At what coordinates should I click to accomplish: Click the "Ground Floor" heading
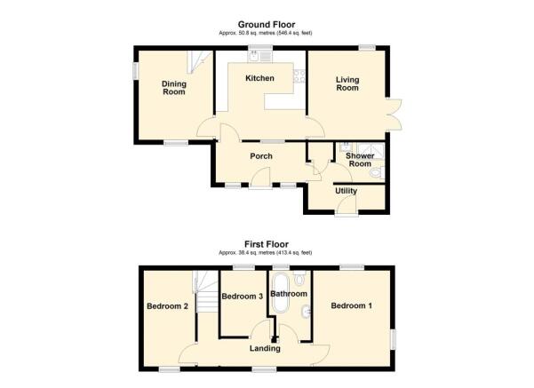[x=266, y=24]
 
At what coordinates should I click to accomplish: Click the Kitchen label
[x=260, y=79]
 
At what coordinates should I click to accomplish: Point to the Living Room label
[x=347, y=83]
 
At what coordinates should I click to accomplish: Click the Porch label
[x=260, y=156]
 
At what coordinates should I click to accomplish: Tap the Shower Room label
[x=359, y=159]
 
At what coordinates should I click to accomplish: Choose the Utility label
[x=346, y=191]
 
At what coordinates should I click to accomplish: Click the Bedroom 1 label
[x=351, y=305]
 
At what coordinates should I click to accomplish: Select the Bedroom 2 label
[x=166, y=306]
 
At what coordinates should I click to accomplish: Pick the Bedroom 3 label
[x=242, y=297]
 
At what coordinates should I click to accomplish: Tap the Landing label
[x=265, y=348]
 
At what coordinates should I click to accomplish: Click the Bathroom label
[x=289, y=294]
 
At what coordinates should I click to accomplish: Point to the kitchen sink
[x=255, y=54]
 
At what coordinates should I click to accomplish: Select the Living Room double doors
[x=395, y=111]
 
